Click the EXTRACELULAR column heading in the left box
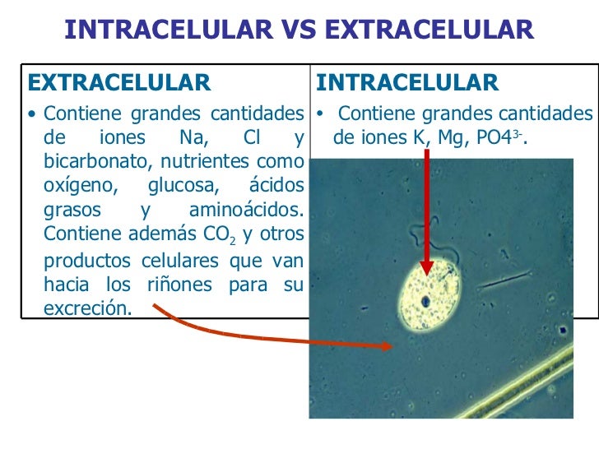pos(119,83)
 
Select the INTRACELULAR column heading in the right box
pos(406,83)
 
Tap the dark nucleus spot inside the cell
pos(426,302)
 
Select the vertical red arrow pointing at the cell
pos(427,214)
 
